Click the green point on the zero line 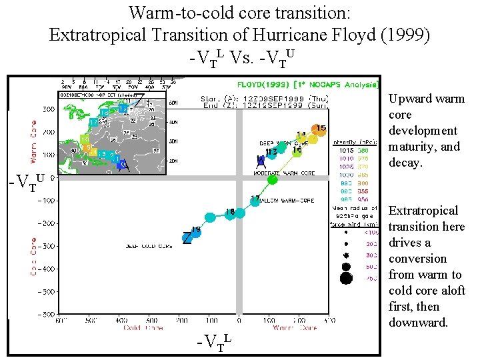pos(272,179)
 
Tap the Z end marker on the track pos(188,237)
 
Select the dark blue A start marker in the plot pos(261,161)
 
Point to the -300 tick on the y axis pos(46,246)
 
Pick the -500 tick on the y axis pos(46,291)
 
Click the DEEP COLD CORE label pos(149,246)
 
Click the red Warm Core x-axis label pos(296,328)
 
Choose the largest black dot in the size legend pos(346,278)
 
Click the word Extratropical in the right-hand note pos(423,211)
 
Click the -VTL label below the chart pos(214,343)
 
